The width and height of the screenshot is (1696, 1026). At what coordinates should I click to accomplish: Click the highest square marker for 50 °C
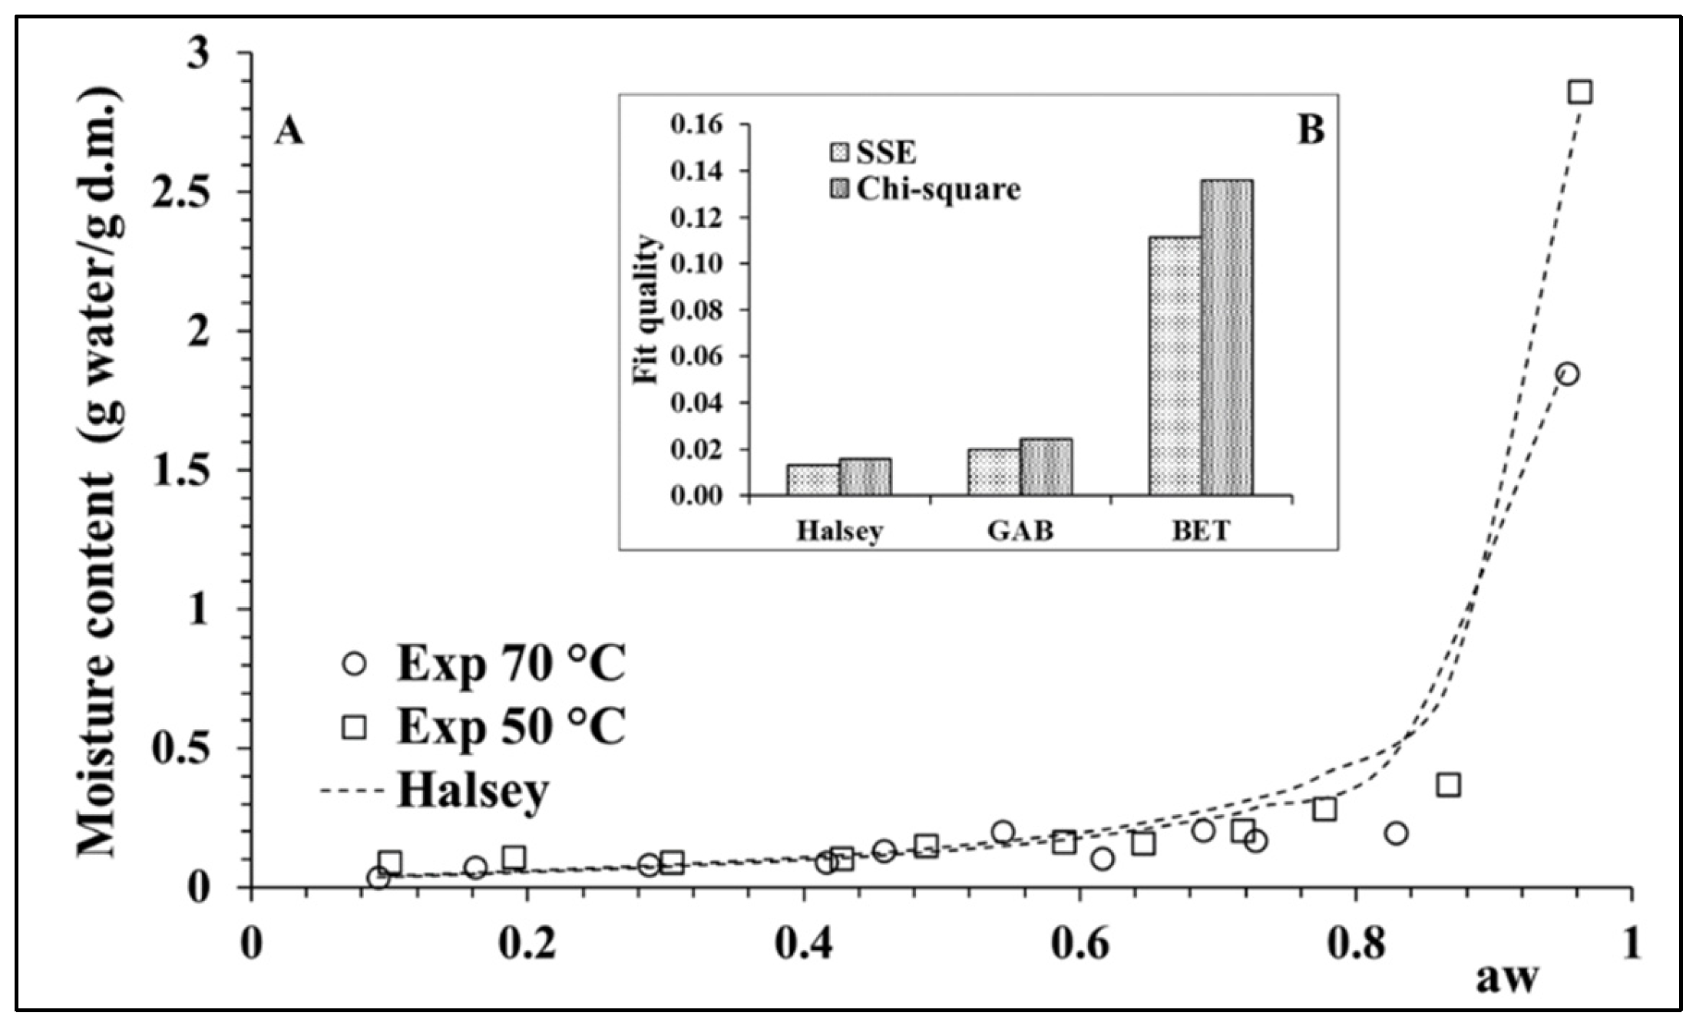coord(1579,92)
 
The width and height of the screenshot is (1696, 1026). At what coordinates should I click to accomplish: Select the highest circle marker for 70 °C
coord(1567,374)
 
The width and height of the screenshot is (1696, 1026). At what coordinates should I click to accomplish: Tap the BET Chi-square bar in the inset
coord(1227,338)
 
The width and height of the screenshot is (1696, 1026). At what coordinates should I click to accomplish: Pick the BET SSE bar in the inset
coord(1175,366)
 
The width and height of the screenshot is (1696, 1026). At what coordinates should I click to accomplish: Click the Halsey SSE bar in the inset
coord(812,480)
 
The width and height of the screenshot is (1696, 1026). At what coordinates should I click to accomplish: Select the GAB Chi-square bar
coord(1046,467)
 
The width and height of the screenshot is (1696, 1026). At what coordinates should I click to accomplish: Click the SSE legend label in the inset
coord(886,153)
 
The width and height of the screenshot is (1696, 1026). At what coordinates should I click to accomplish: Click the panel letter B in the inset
coord(1311,130)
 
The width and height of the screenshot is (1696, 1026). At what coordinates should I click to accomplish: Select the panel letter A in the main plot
coord(289,131)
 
